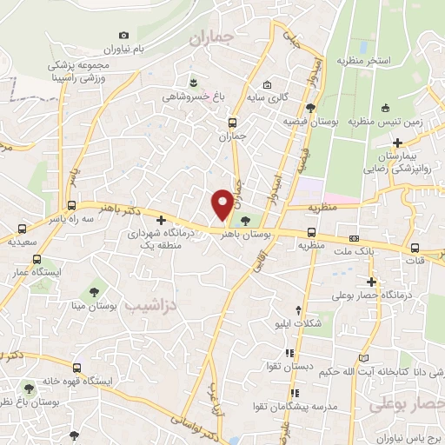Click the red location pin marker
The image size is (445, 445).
(x=222, y=203)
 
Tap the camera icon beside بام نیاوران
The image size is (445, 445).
(x=123, y=35)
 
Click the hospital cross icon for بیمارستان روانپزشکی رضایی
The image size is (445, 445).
(x=397, y=143)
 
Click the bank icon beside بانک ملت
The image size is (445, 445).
(x=354, y=237)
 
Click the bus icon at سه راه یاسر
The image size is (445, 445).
(x=71, y=206)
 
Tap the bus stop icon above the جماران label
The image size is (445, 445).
(x=231, y=123)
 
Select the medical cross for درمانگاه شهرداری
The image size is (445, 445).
(x=160, y=219)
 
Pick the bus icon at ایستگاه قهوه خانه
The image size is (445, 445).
(x=77, y=368)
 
